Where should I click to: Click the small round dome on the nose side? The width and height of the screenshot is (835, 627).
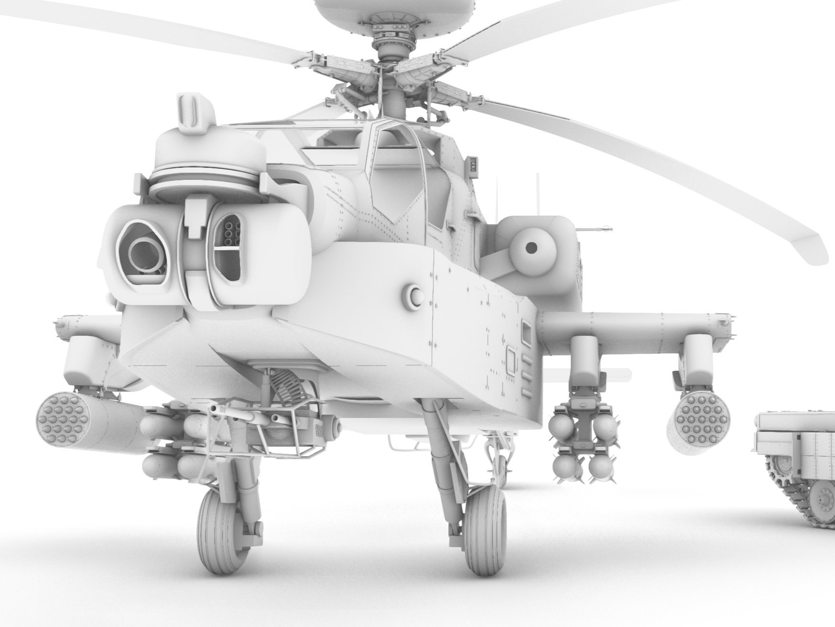tap(414, 295)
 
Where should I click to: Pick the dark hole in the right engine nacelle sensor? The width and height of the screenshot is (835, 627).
tap(531, 248)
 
